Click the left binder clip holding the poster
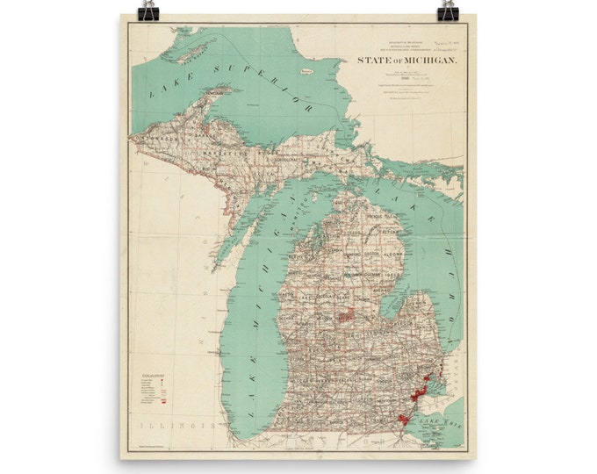click(x=148, y=11)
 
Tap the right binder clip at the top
click(x=448, y=11)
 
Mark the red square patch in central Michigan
click(x=349, y=314)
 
